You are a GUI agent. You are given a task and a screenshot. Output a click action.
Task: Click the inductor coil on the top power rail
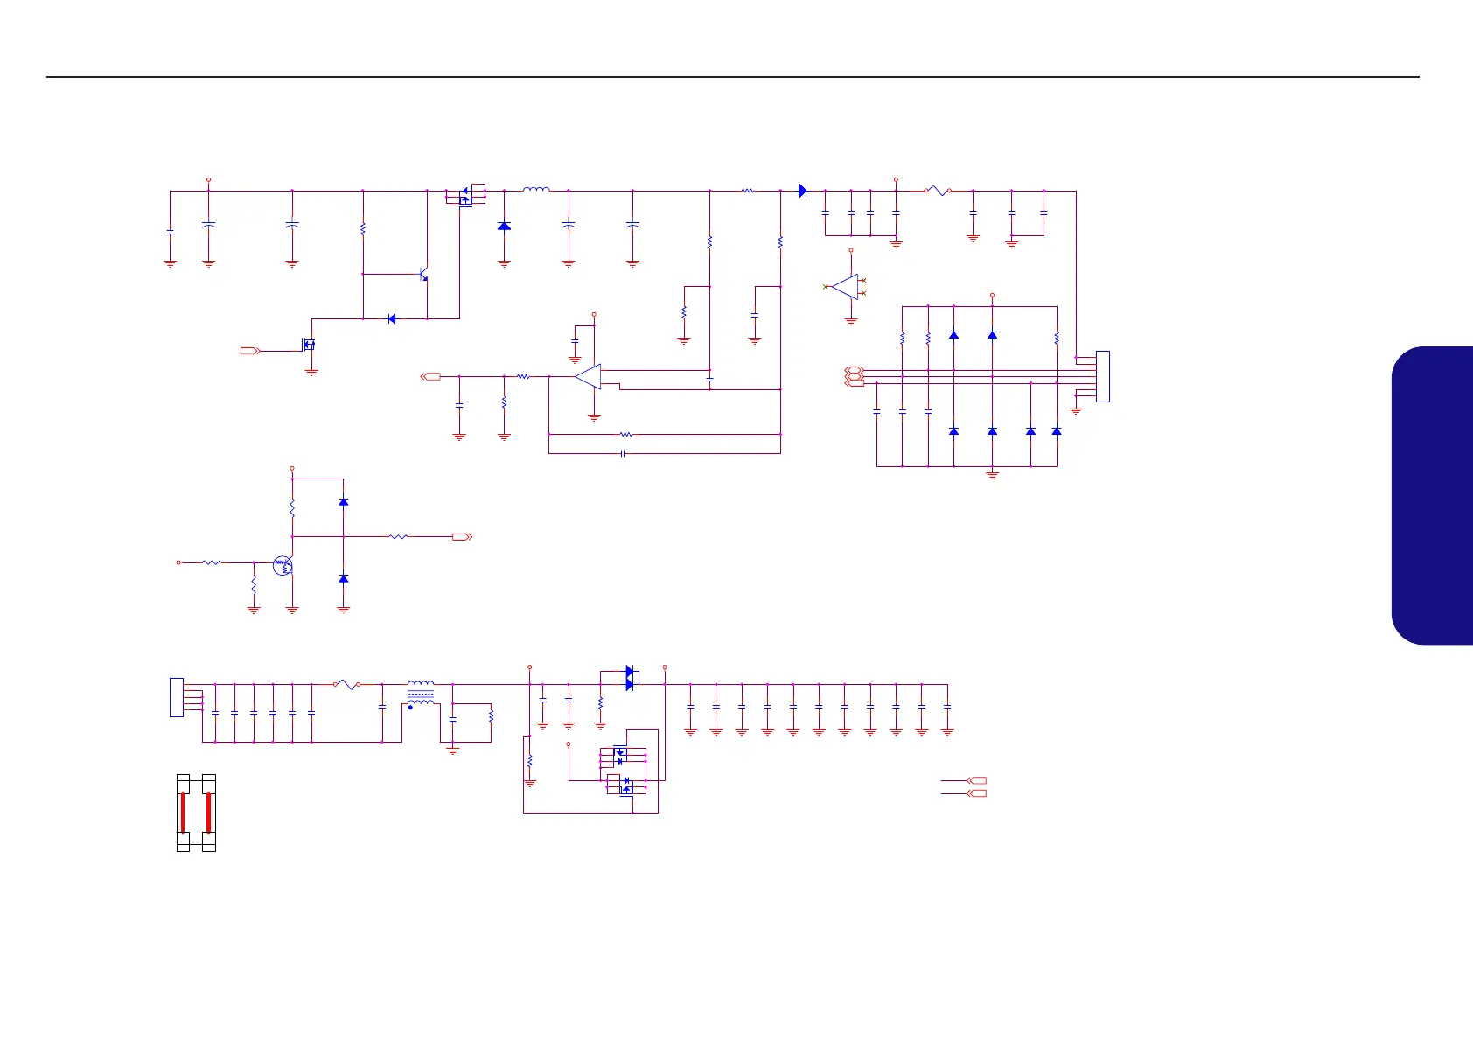pyautogui.click(x=536, y=189)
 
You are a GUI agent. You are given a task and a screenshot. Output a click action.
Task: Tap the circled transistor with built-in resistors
pyautogui.click(x=282, y=565)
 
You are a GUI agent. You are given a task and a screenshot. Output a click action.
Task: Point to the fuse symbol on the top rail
pyautogui.click(x=937, y=190)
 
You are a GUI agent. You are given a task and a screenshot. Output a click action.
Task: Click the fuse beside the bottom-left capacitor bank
pyautogui.click(x=347, y=685)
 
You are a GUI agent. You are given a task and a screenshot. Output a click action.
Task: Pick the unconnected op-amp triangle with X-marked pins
pyautogui.click(x=846, y=287)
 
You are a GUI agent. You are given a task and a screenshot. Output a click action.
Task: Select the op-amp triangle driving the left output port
pyautogui.click(x=588, y=377)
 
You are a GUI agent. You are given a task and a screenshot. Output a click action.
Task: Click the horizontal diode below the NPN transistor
pyautogui.click(x=391, y=318)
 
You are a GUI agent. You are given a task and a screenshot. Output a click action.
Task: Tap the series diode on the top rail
pyautogui.click(x=802, y=190)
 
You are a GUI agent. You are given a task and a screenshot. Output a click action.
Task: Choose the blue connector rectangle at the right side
pyautogui.click(x=1102, y=376)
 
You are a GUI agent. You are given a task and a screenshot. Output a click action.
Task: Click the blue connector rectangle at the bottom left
pyautogui.click(x=176, y=697)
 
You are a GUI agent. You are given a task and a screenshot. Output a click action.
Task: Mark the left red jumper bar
pyautogui.click(x=183, y=812)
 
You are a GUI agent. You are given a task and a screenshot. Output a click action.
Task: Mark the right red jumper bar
pyautogui.click(x=208, y=812)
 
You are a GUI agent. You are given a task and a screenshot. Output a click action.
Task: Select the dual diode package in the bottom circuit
pyautogui.click(x=631, y=678)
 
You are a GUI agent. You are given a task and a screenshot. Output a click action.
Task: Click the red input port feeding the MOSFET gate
pyautogui.click(x=250, y=351)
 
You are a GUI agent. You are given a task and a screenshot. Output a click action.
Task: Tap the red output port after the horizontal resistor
pyautogui.click(x=462, y=536)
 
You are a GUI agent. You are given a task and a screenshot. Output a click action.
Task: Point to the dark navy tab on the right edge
pyautogui.click(x=1435, y=495)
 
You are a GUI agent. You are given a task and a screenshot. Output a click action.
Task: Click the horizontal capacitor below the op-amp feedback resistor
pyautogui.click(x=622, y=453)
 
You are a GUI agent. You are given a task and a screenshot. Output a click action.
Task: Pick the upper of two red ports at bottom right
pyautogui.click(x=977, y=780)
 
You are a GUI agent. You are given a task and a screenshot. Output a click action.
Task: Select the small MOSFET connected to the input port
pyautogui.click(x=309, y=345)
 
